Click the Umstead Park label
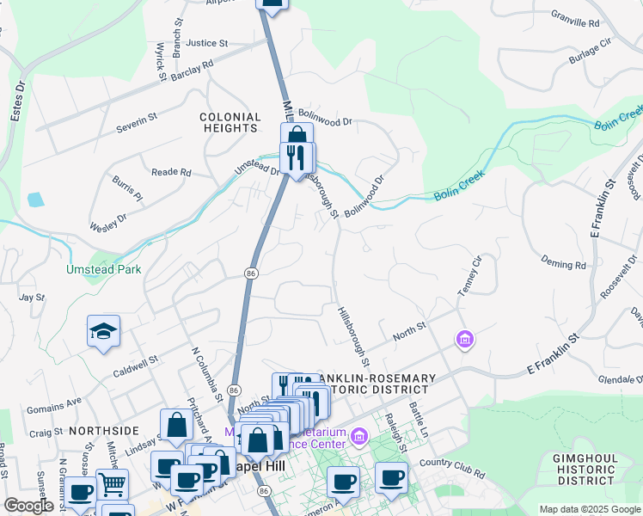click(103, 269)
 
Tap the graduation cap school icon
click(103, 333)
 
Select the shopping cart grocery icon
click(112, 485)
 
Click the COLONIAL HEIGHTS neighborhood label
click(230, 122)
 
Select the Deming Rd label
click(563, 261)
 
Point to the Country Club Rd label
click(451, 466)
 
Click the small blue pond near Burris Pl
click(35, 200)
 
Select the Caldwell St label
click(136, 366)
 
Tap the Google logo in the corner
click(28, 506)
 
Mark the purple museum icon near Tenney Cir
click(465, 341)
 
